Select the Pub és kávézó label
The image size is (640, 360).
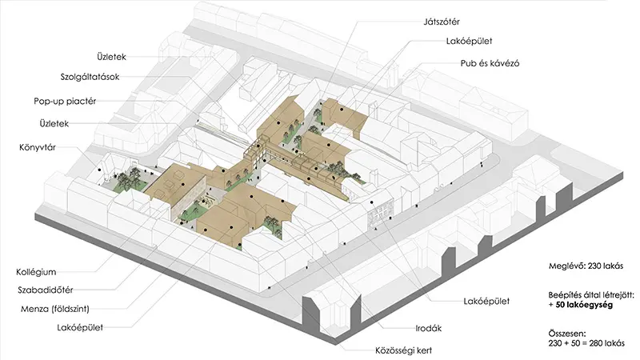[x=490, y=63]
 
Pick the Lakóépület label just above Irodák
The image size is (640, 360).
[x=488, y=302]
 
